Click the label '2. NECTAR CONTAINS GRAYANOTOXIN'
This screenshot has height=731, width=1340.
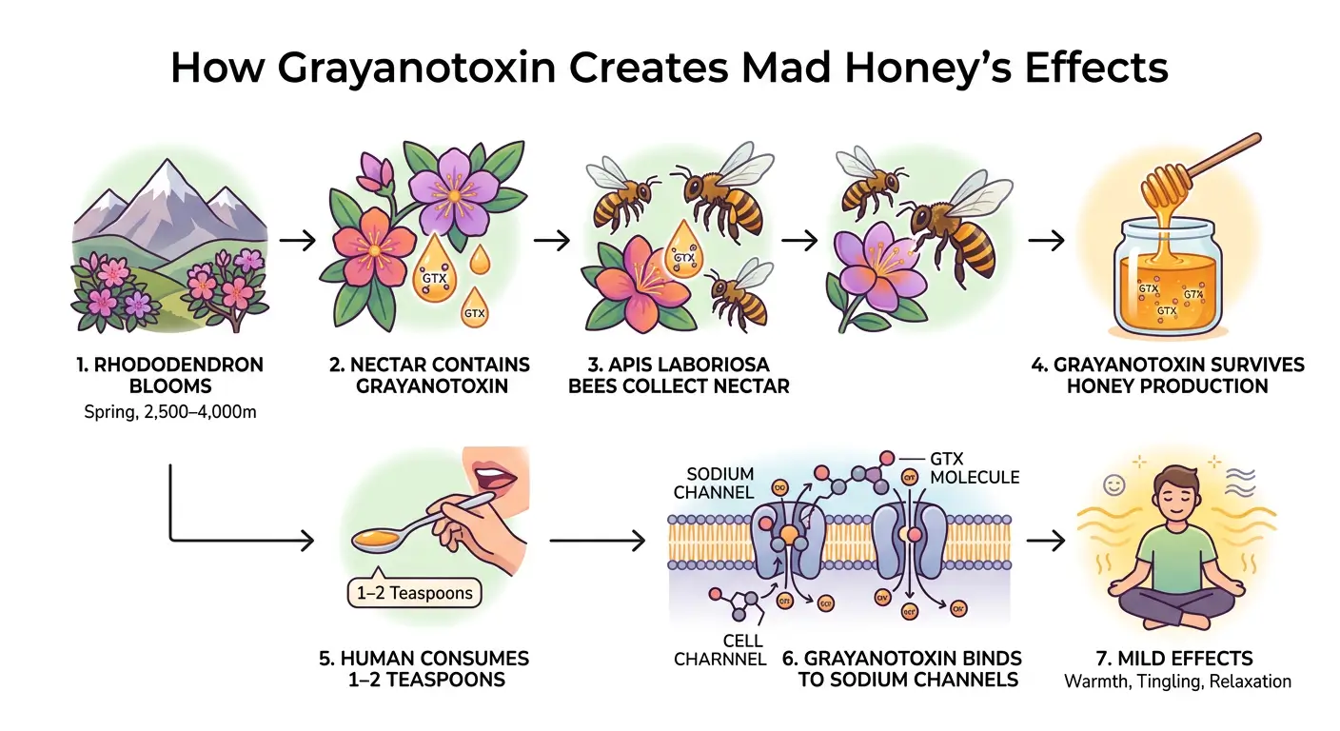[427, 375]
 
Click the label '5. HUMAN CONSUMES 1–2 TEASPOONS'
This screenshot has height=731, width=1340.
[424, 669]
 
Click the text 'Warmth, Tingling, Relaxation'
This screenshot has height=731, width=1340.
[1177, 682]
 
